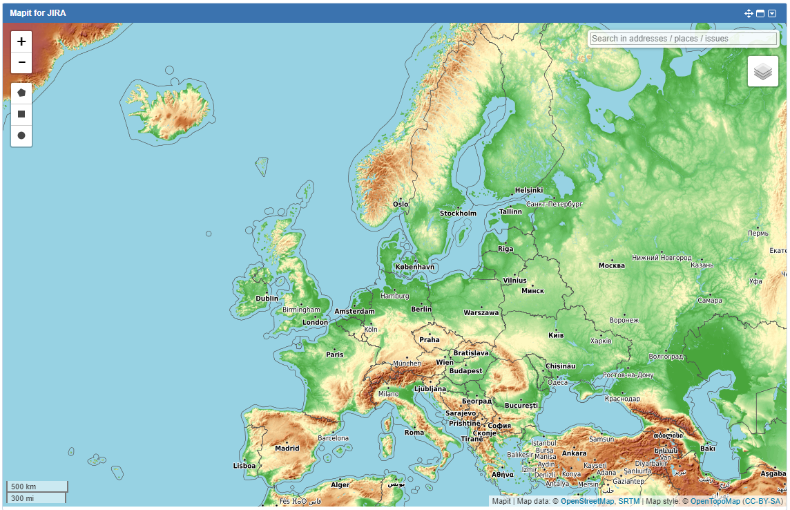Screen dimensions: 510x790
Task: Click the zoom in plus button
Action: tap(21, 41)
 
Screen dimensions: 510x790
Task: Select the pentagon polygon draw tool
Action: tap(21, 93)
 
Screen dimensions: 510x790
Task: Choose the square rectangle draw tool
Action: tap(21, 114)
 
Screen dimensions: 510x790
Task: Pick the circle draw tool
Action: tap(21, 135)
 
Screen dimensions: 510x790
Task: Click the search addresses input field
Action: tap(683, 39)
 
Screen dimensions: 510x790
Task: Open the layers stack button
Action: tap(762, 71)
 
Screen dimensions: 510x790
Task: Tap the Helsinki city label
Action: tap(529, 190)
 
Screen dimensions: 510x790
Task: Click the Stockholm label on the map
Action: tap(458, 214)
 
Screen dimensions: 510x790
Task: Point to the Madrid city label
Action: tap(287, 448)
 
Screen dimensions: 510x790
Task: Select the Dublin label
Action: tap(267, 299)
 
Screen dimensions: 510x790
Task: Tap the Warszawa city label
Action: tap(481, 313)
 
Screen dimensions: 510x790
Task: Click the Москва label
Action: tap(611, 265)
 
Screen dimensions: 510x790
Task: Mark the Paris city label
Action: tap(335, 355)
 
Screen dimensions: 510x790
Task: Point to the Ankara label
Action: tap(574, 454)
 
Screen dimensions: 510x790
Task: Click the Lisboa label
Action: tap(244, 466)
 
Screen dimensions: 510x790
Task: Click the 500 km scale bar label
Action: tap(23, 487)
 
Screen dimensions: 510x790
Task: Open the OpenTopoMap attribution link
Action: tap(715, 501)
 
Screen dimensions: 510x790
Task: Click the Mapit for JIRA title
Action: tap(38, 13)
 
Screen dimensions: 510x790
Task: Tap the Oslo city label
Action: tap(401, 205)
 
